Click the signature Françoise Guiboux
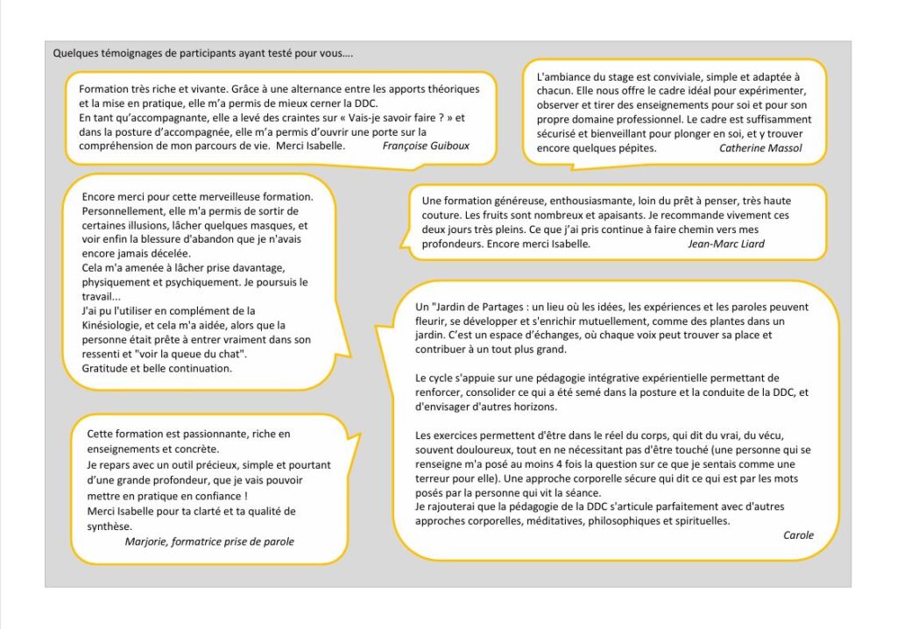coord(426,145)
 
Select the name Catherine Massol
coord(760,148)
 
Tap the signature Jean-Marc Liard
coord(726,244)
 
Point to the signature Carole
coord(798,535)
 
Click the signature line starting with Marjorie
coord(209,541)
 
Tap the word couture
coord(441,216)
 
